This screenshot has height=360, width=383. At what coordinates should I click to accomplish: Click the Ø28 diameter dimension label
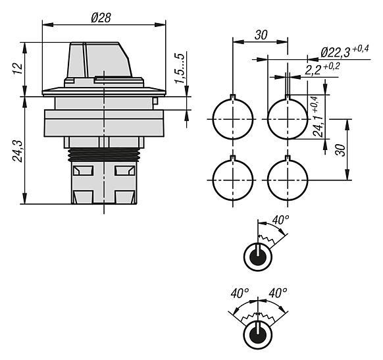coord(101,18)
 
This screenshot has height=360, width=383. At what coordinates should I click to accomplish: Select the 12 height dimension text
coord(18,69)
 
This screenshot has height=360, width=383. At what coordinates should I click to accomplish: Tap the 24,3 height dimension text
coord(18,151)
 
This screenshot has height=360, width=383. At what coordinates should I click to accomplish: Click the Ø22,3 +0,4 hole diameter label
coord(345,52)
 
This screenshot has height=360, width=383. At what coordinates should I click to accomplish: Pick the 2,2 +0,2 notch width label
coord(322,70)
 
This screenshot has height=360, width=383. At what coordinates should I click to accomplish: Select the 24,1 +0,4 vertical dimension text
coord(319,116)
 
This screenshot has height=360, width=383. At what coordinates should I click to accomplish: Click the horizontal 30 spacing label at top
coord(261,35)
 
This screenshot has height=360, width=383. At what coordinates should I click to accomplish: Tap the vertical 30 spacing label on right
coord(340,150)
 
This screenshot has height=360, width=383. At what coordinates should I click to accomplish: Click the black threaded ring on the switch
coord(104,155)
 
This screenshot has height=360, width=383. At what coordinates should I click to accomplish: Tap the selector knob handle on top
coord(99,60)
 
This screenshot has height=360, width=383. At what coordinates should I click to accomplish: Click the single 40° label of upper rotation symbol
coord(280,220)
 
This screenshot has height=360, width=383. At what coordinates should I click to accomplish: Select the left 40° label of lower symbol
coord(240,293)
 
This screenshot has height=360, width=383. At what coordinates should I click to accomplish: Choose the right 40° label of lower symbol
coord(278,293)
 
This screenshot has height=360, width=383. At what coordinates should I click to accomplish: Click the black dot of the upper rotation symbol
coord(258,257)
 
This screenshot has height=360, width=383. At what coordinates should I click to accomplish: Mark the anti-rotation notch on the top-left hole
coord(233,97)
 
